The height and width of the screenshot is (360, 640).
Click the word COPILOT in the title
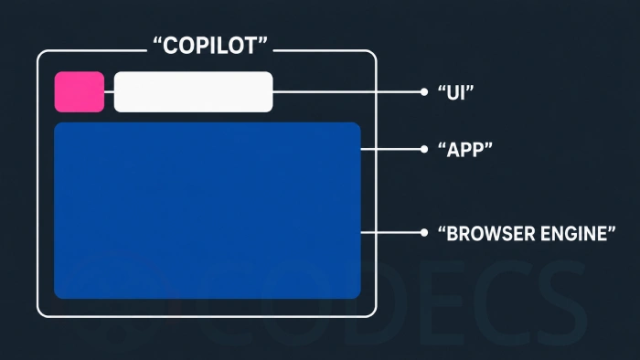pos(209,46)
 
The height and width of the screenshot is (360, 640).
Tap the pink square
pos(80,91)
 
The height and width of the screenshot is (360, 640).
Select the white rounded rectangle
pos(193,91)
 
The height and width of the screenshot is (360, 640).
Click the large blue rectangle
pos(208,210)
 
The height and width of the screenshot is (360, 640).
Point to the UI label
pos(455,92)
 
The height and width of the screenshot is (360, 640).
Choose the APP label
pos(464,150)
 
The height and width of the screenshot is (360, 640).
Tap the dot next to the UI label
pos(424,92)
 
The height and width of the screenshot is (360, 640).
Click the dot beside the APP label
pos(424,149)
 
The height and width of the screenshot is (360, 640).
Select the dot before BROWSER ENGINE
pos(424,232)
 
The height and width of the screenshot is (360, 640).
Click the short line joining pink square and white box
pos(109,92)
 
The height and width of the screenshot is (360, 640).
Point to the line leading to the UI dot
pos(347,92)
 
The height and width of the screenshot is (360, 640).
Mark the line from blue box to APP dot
pos(390,149)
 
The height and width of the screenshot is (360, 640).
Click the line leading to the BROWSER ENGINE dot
pos(390,232)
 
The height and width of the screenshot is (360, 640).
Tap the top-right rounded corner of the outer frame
pos(372,54)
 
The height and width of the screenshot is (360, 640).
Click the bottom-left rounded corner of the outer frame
pos(41,313)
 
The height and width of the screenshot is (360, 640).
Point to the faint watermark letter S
pos(562,302)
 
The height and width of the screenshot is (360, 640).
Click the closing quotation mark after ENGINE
pos(612,229)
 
